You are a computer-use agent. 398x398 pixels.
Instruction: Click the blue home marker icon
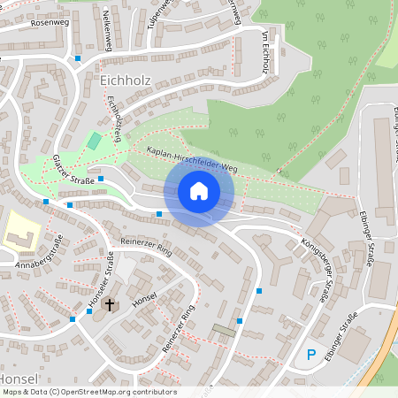(x=199, y=190)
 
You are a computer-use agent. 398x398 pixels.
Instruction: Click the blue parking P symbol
(x=310, y=356)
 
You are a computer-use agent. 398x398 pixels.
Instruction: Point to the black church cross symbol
(x=111, y=306)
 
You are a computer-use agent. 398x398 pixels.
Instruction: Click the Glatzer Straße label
(x=74, y=170)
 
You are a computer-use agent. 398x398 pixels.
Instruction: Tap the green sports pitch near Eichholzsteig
(x=94, y=141)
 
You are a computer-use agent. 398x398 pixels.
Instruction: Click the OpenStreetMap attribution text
(x=88, y=392)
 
